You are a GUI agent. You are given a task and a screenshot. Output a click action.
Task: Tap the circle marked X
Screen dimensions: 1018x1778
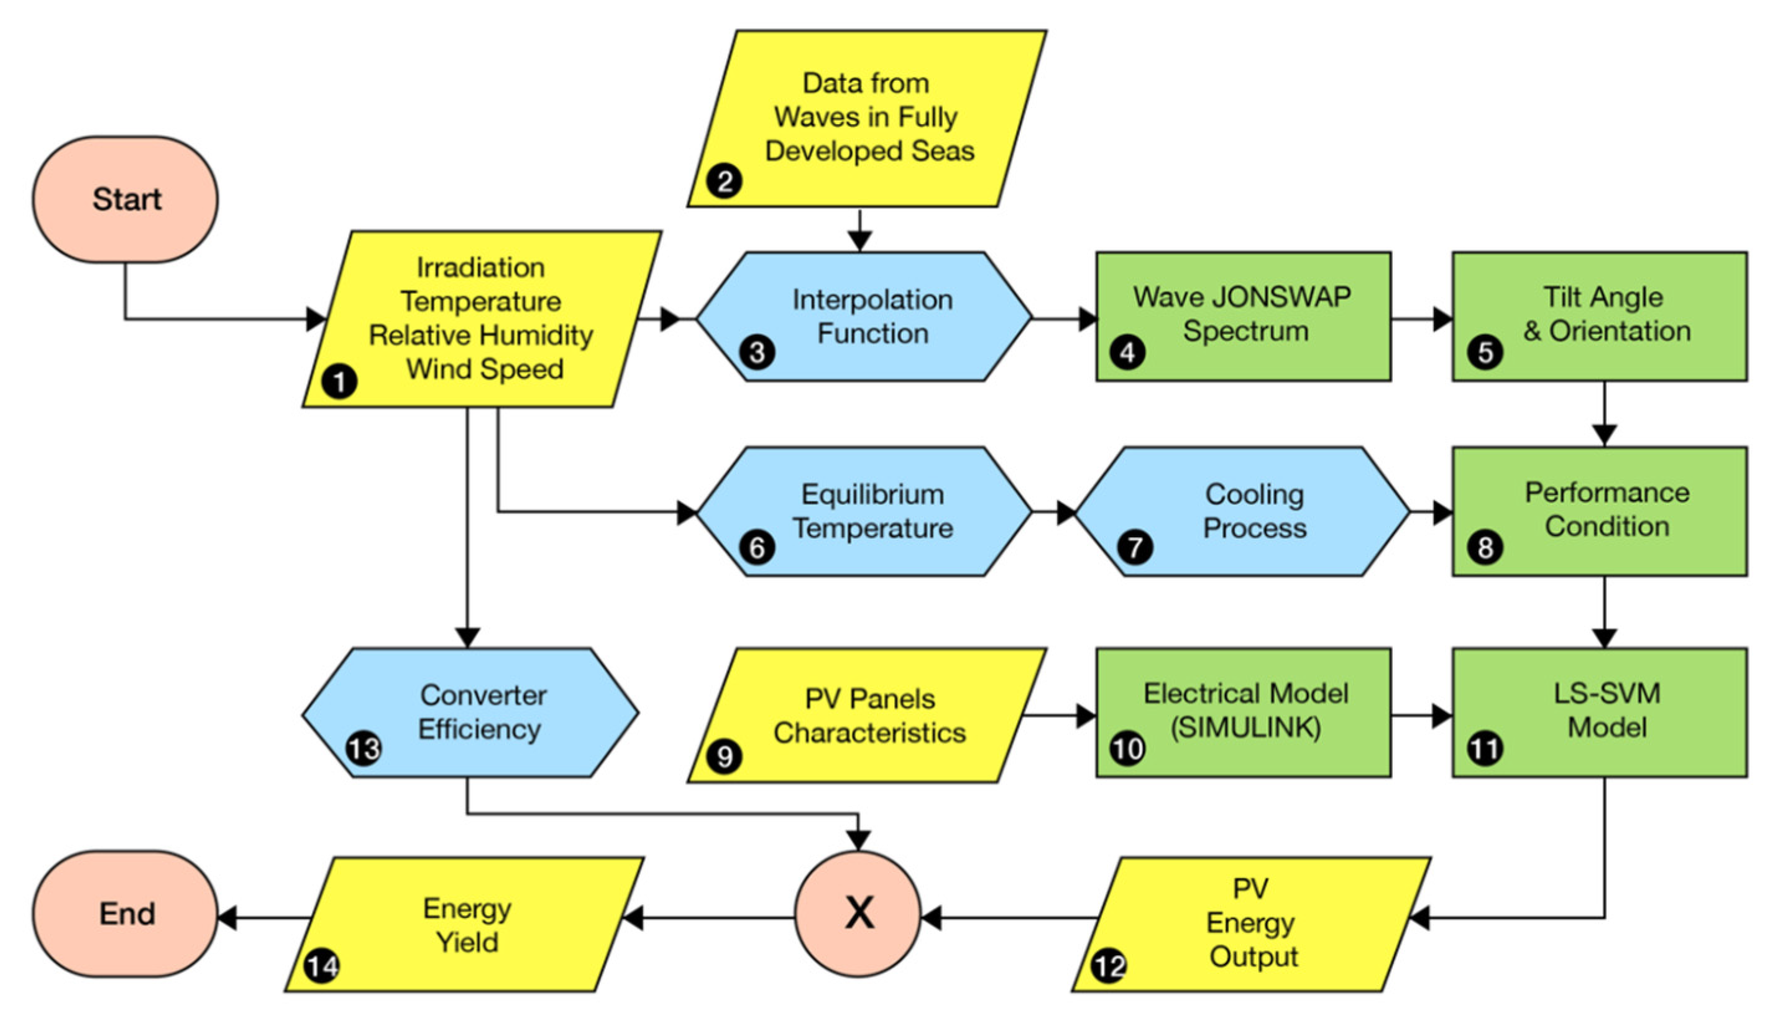click(x=858, y=914)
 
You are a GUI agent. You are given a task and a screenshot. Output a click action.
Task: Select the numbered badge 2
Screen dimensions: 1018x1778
click(x=724, y=182)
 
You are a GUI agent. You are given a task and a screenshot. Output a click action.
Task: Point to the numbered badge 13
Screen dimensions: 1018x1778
click(x=364, y=749)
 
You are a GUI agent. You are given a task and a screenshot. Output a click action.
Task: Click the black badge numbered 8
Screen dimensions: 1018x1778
click(x=1485, y=547)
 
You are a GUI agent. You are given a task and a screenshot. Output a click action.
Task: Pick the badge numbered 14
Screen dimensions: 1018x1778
click(x=323, y=966)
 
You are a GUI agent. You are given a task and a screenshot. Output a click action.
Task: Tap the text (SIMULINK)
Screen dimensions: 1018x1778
click(x=1246, y=729)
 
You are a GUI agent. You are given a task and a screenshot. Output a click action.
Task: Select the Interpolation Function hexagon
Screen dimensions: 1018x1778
click(x=864, y=317)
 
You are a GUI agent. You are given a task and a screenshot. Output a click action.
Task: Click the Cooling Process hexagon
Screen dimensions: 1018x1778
click(x=1243, y=512)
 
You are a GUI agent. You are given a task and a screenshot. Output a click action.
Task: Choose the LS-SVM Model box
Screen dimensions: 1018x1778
click(x=1600, y=712)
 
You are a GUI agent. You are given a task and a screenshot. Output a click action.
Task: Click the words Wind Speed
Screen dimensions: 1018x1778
click(x=485, y=369)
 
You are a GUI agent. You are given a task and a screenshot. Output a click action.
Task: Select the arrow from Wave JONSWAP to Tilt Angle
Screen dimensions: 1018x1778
click(x=1421, y=319)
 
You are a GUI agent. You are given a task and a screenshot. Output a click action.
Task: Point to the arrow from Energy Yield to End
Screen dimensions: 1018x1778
click(x=264, y=917)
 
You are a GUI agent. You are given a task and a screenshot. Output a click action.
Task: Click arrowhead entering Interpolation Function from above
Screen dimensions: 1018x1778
click(x=859, y=240)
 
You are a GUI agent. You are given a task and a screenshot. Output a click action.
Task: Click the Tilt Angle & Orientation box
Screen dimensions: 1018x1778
click(x=1600, y=316)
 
